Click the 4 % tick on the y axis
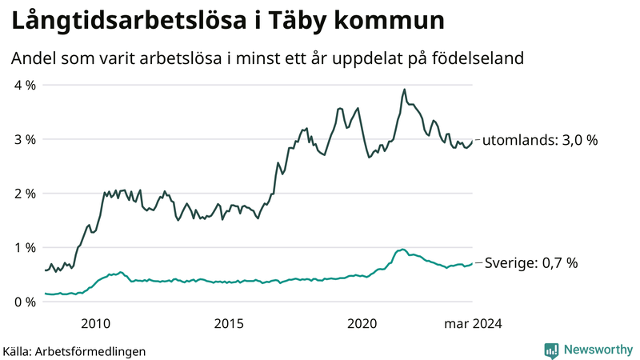[24, 85]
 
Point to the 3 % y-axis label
[24, 139]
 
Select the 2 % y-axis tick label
[24, 194]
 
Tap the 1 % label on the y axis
[24, 248]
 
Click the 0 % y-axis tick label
[24, 302]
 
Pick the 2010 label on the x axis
[95, 323]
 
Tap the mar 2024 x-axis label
[473, 323]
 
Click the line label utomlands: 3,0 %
[542, 141]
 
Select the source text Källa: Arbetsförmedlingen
[74, 350]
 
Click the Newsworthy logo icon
[551, 350]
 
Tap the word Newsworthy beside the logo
[598, 350]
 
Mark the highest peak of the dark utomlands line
[405, 90]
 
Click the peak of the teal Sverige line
[403, 250]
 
